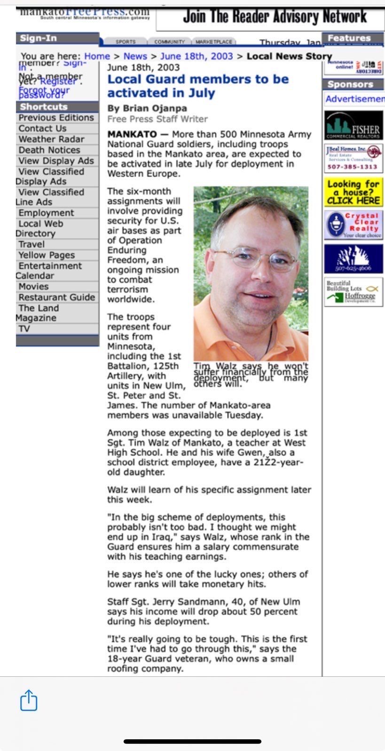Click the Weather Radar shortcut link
point(51,139)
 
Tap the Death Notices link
point(49,150)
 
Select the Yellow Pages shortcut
point(47,255)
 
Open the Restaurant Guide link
point(56,297)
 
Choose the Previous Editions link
point(56,117)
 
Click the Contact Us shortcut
point(42,128)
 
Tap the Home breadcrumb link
point(97,56)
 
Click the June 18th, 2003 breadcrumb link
point(196,56)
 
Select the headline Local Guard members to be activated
point(198,85)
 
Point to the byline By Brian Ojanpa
point(147,108)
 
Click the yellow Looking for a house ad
point(354,192)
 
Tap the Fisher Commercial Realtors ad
point(354,125)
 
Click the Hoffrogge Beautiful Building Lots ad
point(354,292)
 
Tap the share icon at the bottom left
point(29,700)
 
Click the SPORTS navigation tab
point(126,42)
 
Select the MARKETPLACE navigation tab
point(214,42)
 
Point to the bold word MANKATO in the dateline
point(132,134)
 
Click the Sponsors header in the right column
point(350,84)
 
